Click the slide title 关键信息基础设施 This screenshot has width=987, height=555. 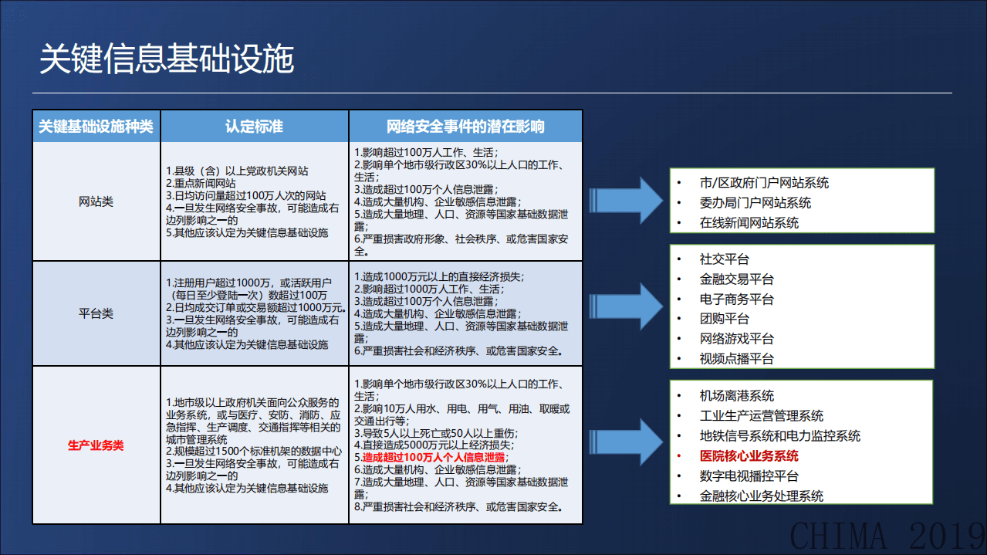coord(167,59)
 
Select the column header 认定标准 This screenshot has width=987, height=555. coord(254,126)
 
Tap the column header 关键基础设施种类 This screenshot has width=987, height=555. coord(96,126)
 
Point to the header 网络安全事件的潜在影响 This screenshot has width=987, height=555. coord(465,126)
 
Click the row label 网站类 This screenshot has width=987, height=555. coord(96,201)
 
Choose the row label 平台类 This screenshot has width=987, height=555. coord(96,313)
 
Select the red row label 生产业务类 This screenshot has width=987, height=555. coord(96,445)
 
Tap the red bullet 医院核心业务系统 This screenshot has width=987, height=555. coord(749,456)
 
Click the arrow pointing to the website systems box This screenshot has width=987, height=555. coord(626,199)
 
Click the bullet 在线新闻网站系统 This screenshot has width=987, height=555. coord(749,223)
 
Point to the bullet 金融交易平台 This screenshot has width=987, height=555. coord(736,279)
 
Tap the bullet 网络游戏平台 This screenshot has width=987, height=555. coord(736,339)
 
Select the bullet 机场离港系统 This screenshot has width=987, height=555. coord(736,396)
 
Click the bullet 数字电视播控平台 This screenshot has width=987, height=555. coord(749,476)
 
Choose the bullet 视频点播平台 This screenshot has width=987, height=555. coord(736,359)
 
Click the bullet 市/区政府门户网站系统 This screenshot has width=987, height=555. coord(763,183)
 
